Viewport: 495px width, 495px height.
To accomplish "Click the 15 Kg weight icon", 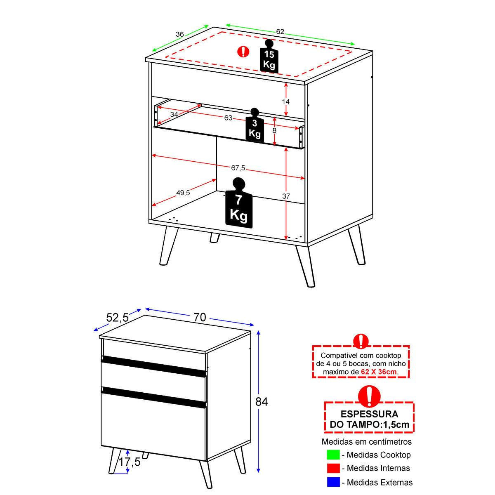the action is [269, 56].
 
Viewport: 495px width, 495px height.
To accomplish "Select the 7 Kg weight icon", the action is [239, 203].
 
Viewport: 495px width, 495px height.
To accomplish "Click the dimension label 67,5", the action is [238, 168].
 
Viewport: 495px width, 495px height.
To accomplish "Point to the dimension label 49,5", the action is [183, 192].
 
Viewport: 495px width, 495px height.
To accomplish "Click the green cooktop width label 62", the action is [280, 32].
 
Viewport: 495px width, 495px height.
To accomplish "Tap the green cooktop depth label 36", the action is [180, 34].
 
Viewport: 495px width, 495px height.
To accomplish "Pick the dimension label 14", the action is [285, 102].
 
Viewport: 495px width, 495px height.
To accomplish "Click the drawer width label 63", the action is [228, 118].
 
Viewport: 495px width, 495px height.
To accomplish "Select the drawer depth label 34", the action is [174, 114].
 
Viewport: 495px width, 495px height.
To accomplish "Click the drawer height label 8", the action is [274, 130].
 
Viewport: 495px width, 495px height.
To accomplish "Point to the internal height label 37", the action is [286, 196].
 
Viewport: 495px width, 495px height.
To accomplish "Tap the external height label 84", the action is [262, 402].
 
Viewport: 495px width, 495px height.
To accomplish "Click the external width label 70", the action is [200, 318].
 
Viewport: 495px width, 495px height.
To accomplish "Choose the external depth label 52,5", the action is [118, 318].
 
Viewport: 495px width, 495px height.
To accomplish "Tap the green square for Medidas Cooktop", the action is [333, 455].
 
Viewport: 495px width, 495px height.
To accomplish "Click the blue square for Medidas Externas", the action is [333, 482].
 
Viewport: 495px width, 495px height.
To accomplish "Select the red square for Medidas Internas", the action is [333, 468].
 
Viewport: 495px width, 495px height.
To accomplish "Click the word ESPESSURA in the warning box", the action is [369, 414].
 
